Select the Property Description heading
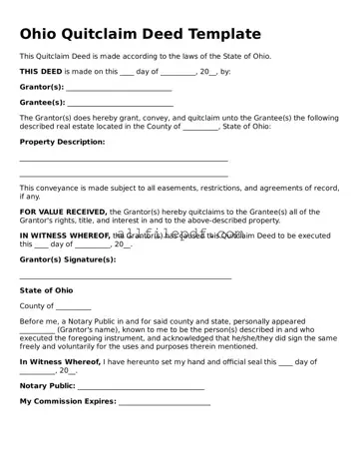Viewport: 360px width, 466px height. click(x=62, y=142)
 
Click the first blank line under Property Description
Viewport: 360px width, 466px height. click(x=124, y=161)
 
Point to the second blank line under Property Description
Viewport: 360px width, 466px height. click(x=124, y=176)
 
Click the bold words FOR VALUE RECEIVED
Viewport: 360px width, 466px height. click(x=63, y=212)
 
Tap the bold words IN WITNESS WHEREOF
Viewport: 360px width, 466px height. click(x=65, y=235)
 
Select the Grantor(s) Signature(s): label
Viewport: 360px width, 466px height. click(x=68, y=259)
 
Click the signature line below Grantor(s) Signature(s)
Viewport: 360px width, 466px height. click(x=126, y=278)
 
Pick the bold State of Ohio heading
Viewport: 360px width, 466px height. click(x=46, y=290)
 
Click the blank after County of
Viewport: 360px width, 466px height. click(x=73, y=308)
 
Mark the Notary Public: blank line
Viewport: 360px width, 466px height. click(x=141, y=387)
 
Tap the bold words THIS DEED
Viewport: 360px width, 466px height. click(x=40, y=72)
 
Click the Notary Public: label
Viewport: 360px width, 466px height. click(x=48, y=385)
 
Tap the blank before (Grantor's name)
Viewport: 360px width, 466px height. click(x=37, y=330)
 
